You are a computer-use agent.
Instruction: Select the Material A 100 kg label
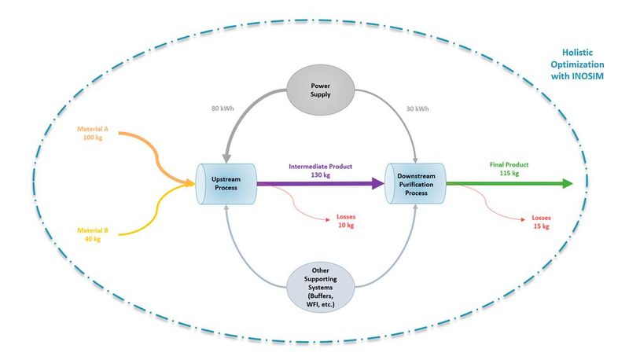pos(94,133)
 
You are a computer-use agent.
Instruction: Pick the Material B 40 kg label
pos(93,235)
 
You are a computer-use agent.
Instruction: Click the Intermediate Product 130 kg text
pos(320,171)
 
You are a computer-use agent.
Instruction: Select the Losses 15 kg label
pos(543,222)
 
